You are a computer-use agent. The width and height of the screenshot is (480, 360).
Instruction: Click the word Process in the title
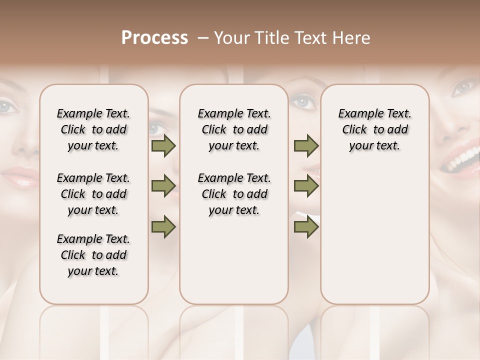point(154,38)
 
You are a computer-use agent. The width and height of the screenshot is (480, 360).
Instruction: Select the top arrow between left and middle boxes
point(163,146)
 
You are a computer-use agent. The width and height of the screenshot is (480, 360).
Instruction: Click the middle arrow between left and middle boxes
point(163,186)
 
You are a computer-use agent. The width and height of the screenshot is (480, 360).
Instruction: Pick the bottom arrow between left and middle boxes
point(163,226)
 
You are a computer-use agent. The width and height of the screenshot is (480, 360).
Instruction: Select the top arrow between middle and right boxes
point(306,146)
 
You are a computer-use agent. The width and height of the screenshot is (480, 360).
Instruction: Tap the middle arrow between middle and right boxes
point(306,186)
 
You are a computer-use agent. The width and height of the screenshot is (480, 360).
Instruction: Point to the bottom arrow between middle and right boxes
point(306,226)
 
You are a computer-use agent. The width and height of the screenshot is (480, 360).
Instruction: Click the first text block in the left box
point(93,129)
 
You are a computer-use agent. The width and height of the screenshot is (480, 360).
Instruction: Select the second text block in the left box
point(93,194)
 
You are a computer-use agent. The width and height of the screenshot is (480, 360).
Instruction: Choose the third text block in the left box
point(93,255)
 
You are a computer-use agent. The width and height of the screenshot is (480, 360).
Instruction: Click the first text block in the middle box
point(234,129)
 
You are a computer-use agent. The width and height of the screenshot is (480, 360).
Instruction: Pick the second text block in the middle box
point(234,194)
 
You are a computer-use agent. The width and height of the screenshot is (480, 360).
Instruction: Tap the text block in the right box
point(374,129)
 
